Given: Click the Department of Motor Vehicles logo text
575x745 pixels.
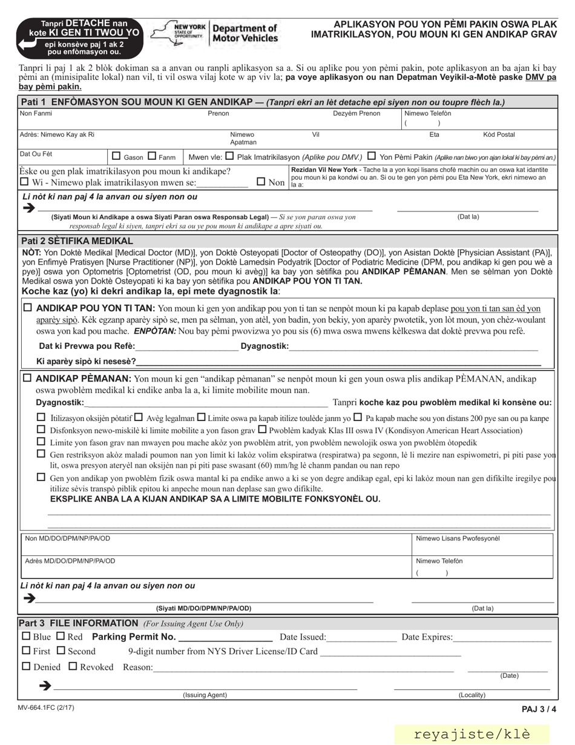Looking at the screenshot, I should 245,33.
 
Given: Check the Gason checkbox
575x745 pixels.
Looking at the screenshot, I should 117,156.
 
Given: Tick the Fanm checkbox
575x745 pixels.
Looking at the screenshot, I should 152,156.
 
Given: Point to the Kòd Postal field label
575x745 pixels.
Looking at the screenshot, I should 499,134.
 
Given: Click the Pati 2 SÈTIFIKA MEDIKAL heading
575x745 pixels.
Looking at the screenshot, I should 77,240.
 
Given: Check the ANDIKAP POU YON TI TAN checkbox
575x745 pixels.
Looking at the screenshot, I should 28,308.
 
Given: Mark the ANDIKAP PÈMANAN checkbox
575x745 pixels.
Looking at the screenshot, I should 28,378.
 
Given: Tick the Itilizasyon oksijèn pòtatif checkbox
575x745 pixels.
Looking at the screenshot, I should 41,417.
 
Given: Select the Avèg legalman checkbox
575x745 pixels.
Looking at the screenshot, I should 138,417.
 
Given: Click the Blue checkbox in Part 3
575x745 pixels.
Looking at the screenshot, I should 25,637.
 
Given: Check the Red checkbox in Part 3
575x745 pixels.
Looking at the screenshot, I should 61,637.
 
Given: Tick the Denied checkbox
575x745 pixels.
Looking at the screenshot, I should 25,667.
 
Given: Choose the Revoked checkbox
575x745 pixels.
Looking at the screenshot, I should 73,667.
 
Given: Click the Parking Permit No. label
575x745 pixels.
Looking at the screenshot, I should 134,637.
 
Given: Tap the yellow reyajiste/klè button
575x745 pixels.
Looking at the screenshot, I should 472,734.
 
